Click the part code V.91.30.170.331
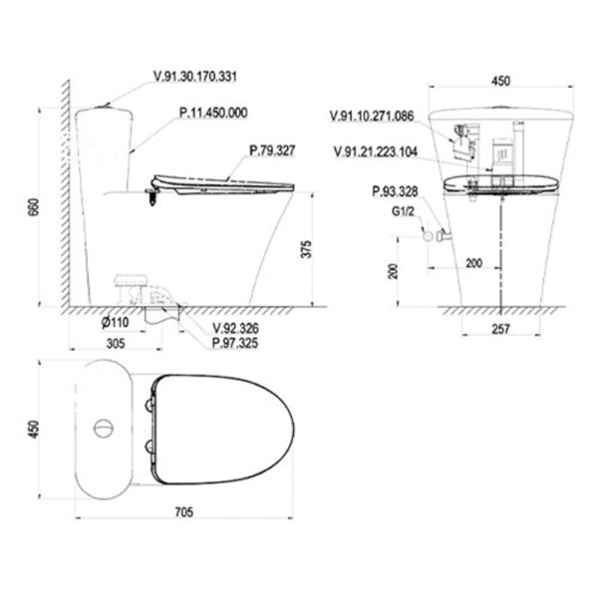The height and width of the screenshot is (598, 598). (x=195, y=77)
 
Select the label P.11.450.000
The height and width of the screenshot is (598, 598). (x=213, y=113)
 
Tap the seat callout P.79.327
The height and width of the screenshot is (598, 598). (x=272, y=150)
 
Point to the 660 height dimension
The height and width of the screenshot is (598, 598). (x=33, y=207)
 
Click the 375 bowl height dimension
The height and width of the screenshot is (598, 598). (x=306, y=249)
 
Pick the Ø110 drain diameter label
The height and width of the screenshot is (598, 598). (x=116, y=322)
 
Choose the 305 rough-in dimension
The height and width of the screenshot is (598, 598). (x=116, y=344)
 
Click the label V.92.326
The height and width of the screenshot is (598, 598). (x=235, y=328)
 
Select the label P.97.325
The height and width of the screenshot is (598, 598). (x=235, y=343)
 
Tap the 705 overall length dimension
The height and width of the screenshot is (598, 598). (x=184, y=512)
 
